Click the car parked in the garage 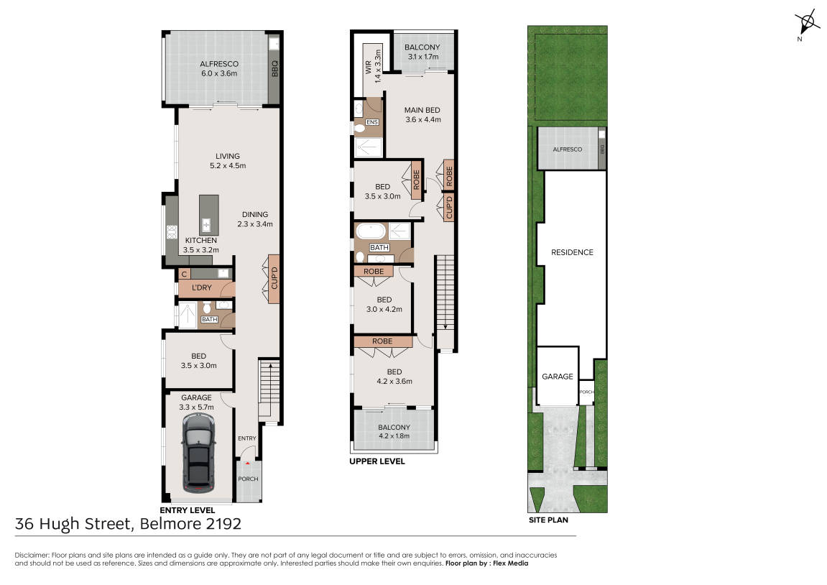(198, 452)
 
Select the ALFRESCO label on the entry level (219, 64)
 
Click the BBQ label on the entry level (274, 68)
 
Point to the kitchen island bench (208, 215)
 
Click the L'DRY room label (201, 287)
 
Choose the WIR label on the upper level (368, 67)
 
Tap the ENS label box (372, 122)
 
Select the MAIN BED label (422, 110)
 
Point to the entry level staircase (269, 390)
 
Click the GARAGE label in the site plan (558, 377)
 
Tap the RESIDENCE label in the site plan (572, 252)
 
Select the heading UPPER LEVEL (377, 461)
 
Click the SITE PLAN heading (548, 520)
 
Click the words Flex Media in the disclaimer (511, 563)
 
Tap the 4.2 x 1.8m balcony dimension (394, 436)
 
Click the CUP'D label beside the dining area (274, 279)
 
